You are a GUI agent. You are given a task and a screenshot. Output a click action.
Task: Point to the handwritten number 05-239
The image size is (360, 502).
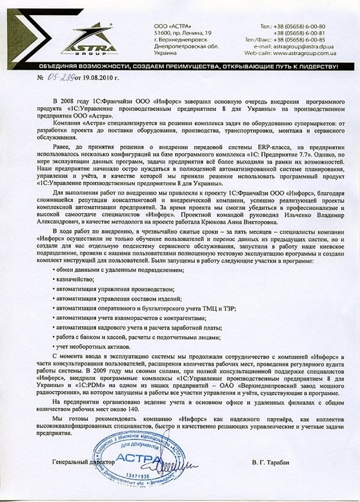pos(58,76)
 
